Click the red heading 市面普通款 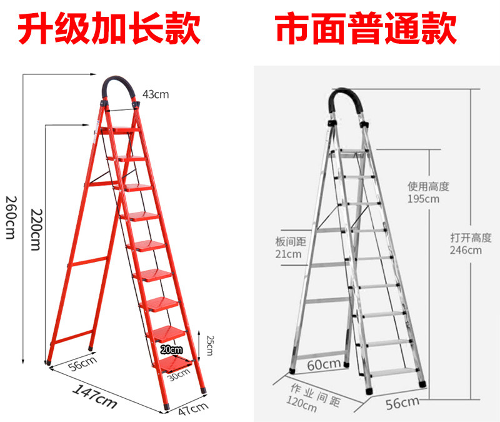(x=366, y=28)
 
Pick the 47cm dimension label (x=192, y=409)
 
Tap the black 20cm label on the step (x=171, y=349)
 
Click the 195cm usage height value (x=424, y=199)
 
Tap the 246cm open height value (x=466, y=251)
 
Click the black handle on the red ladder (x=119, y=88)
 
